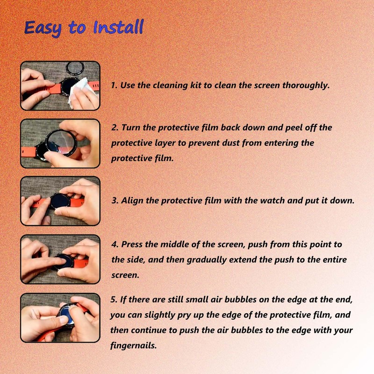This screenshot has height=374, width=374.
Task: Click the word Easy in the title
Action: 43,29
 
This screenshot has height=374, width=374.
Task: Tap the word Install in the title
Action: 118,27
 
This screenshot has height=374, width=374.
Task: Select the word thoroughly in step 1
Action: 306,86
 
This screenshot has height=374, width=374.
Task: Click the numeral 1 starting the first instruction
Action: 113,85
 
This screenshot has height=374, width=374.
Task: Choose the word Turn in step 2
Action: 131,127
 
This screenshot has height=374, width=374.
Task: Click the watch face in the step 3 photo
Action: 60,201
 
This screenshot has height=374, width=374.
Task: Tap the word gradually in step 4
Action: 207,260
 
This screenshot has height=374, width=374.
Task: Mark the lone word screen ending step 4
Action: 125,275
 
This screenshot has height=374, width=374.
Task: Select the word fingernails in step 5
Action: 133,345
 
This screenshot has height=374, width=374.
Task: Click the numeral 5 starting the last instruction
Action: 113,299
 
